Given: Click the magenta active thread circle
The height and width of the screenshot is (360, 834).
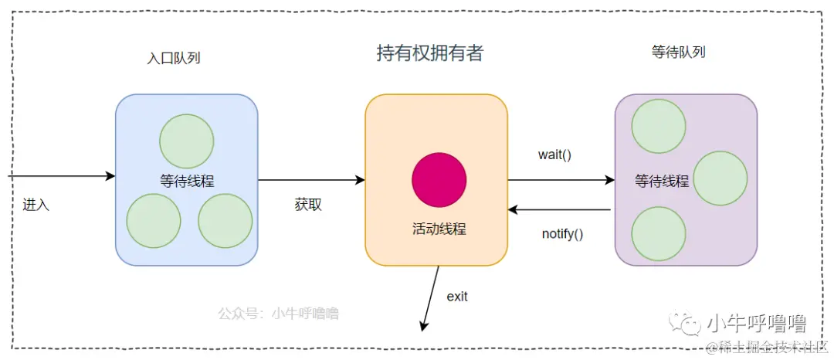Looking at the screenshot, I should point(439,179).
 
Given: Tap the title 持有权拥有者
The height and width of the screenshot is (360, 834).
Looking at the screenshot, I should point(429,53).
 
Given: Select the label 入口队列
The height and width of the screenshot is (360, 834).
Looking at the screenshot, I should point(174,58).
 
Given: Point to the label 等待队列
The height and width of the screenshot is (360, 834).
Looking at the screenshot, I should point(679,53).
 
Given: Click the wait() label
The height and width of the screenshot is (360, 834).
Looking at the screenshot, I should point(554,154).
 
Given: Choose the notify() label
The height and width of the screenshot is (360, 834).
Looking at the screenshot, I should point(562,233).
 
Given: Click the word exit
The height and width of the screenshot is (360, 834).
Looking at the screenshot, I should point(457,296).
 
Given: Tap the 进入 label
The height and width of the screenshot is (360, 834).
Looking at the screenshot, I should point(36,205).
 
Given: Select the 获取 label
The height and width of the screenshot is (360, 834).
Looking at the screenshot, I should point(308,205).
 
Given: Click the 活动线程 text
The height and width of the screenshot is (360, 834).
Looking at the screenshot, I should point(439,229).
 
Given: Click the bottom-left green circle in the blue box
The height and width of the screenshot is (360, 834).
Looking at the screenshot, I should point(154,221).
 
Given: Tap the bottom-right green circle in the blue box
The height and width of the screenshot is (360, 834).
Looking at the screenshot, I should point(225,221).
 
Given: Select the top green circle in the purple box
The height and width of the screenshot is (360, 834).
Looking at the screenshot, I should point(659,126).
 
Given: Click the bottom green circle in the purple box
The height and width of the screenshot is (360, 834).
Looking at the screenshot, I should point(659,233).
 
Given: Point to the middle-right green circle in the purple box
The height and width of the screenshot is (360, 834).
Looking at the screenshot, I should point(720,178).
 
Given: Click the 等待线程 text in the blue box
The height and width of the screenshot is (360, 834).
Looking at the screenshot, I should point(187,182).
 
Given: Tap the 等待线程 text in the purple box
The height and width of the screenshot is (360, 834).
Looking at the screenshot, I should point(662,182).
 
